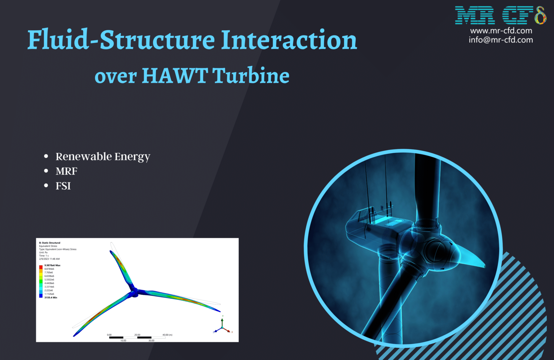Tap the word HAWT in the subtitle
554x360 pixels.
[x=175, y=76]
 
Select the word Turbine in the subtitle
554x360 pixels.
[x=251, y=76]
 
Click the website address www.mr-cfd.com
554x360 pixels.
[x=501, y=31]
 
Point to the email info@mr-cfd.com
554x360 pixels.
[x=501, y=40]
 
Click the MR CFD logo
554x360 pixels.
[x=500, y=15]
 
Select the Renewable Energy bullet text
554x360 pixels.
[x=103, y=157]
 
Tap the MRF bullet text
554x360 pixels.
[x=66, y=171]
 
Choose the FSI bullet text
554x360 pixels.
[x=63, y=186]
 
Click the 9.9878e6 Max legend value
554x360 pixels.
[x=52, y=265]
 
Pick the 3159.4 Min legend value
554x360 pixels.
[x=50, y=298]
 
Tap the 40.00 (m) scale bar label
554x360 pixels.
[x=167, y=335]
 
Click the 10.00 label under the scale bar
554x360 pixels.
[x=123, y=341]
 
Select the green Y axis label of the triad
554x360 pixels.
[x=223, y=316]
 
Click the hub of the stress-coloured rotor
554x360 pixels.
[x=135, y=292]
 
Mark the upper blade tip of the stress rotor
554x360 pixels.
[x=111, y=251]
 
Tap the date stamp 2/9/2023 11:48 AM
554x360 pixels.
[x=49, y=259]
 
